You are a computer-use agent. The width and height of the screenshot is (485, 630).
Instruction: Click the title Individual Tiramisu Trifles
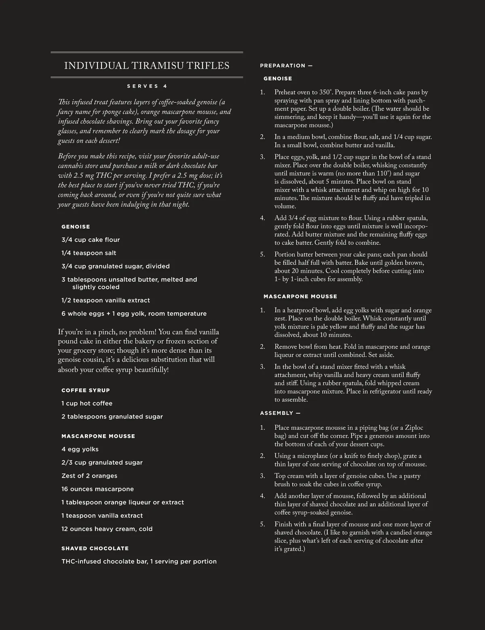(147, 66)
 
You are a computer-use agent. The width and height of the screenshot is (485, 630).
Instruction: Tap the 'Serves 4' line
(147, 86)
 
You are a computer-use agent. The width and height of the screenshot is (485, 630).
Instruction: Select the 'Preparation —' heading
(286, 66)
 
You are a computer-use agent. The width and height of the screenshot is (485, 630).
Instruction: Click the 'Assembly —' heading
(280, 413)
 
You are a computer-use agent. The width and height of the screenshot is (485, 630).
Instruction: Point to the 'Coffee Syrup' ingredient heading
(86, 390)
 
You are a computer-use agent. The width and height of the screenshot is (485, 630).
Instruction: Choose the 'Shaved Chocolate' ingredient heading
(95, 548)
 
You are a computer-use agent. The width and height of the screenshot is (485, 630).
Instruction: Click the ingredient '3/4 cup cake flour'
(91, 240)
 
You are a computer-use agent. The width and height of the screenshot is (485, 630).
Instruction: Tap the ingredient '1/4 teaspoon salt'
(89, 253)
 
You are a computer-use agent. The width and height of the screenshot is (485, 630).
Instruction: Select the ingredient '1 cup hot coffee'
(87, 404)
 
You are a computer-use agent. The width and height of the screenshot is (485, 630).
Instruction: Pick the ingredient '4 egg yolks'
(80, 449)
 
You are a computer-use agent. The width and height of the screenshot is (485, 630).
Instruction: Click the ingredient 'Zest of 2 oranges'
(89, 476)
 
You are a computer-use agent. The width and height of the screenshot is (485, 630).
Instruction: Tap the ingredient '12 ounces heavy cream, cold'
(107, 529)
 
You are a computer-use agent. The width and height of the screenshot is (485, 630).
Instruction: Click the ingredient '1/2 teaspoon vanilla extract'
(105, 300)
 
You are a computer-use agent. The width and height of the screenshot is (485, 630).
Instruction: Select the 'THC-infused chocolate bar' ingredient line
(139, 562)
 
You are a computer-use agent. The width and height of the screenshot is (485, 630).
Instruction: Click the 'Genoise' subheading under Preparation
(278, 78)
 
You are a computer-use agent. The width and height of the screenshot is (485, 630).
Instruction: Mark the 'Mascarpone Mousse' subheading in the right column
(300, 296)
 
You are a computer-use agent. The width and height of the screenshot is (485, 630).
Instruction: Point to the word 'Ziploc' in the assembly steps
(414, 428)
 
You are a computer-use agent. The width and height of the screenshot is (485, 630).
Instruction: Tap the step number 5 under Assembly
(262, 524)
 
